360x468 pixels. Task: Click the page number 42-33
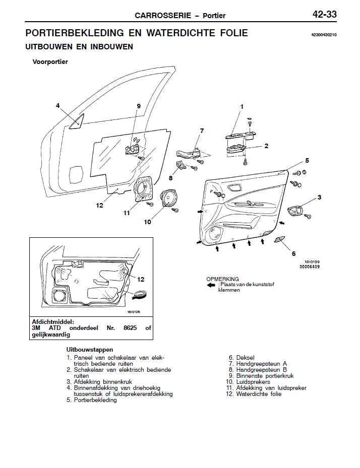point(324,15)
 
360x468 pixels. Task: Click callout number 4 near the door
point(58,105)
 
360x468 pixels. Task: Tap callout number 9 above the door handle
point(138,106)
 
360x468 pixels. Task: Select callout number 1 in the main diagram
point(242,107)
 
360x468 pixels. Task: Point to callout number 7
point(202,131)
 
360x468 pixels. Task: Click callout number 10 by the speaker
point(147,221)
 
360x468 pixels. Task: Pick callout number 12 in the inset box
point(141,279)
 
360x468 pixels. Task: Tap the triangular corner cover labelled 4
point(77,122)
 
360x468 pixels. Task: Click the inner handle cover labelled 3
point(296,212)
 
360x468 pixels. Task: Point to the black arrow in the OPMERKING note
point(211,285)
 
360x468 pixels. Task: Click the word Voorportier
point(50,62)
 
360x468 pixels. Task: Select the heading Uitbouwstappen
point(90,349)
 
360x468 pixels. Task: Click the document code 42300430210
point(324,35)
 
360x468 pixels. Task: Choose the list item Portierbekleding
point(95,400)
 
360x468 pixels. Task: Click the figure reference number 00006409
point(310,266)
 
